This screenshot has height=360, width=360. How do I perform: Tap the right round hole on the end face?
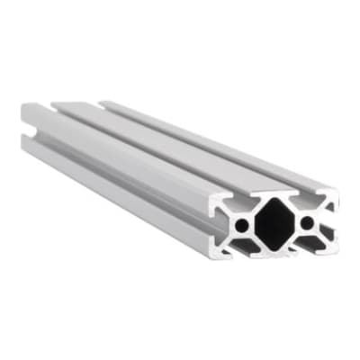307,221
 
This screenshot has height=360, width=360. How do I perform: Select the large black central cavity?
274,223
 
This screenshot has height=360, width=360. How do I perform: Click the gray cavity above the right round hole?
301,204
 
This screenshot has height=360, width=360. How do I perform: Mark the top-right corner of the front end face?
337,192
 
